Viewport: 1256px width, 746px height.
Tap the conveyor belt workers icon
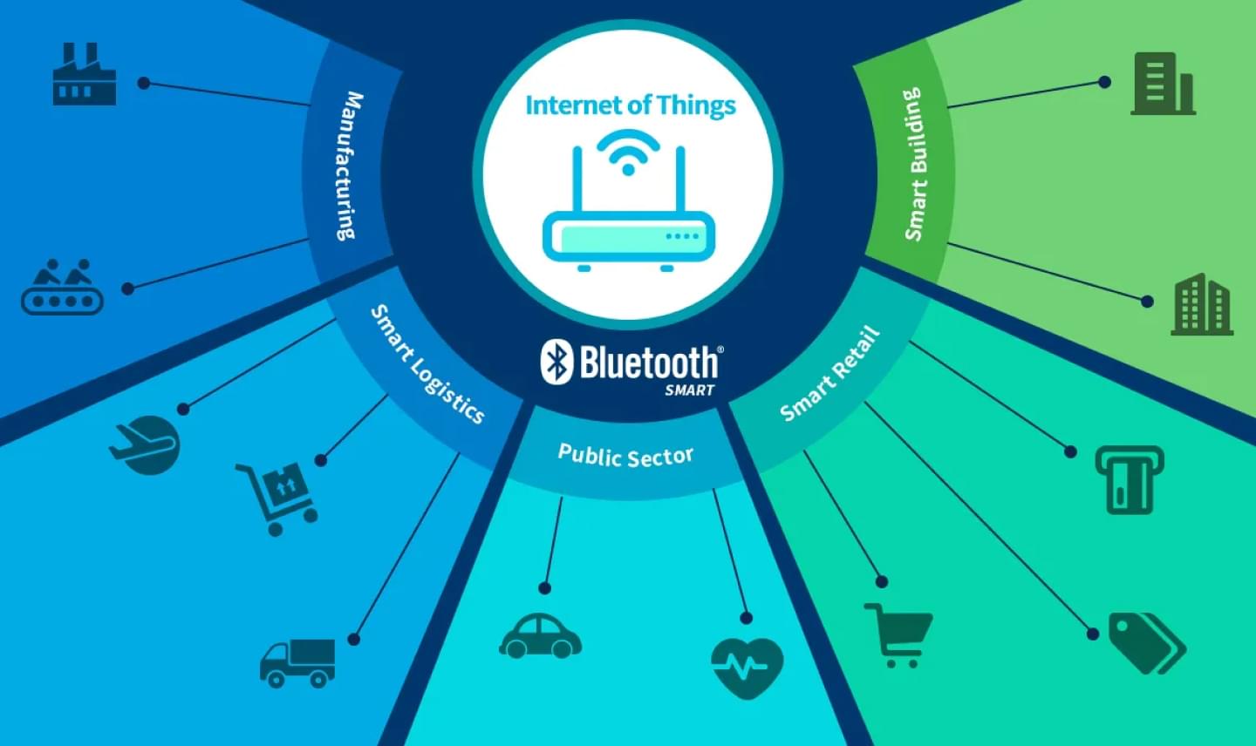point(62,286)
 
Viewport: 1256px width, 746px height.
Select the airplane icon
point(145,445)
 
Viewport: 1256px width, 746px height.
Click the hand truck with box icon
point(277,498)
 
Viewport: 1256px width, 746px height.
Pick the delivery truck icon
point(297,663)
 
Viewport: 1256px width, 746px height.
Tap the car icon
point(540,635)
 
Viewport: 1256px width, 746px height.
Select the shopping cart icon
point(898,635)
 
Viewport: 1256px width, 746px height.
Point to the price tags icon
point(1147,643)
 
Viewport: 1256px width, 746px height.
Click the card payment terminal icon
point(1130,479)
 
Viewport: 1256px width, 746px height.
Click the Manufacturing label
point(349,166)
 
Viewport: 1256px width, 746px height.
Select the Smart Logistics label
point(427,364)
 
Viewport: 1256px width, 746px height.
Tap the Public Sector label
point(625,455)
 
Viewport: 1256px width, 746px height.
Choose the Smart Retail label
point(829,373)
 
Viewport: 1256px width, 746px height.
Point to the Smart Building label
point(913,164)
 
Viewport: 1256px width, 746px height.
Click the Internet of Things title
point(631,105)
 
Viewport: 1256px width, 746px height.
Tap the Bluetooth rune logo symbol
point(556,362)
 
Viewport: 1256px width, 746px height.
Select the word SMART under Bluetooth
point(690,390)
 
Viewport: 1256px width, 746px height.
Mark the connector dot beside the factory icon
point(144,83)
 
